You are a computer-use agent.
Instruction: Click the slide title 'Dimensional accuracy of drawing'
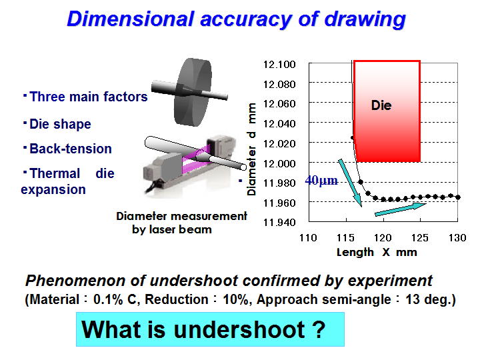(x=236, y=19)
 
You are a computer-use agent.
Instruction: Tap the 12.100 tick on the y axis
(x=279, y=65)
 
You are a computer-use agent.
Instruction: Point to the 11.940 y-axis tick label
(x=279, y=222)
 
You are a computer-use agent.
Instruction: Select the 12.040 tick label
(x=279, y=124)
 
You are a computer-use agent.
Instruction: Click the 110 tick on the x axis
(x=308, y=237)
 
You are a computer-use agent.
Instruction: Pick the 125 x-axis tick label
(x=420, y=237)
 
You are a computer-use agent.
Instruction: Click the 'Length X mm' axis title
(x=377, y=252)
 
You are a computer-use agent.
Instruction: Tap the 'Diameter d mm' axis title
(x=251, y=149)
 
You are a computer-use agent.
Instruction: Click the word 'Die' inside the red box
(x=381, y=105)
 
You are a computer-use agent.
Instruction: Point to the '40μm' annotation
(x=321, y=180)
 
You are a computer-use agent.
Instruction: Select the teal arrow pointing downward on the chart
(x=350, y=183)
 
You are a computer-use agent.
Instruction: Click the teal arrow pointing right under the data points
(x=401, y=209)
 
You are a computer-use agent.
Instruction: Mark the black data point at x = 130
(x=458, y=197)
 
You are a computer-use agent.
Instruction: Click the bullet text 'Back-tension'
(x=71, y=149)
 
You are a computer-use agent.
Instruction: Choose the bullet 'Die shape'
(x=60, y=124)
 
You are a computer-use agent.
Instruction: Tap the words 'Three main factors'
(x=89, y=97)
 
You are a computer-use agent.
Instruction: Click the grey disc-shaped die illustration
(x=193, y=92)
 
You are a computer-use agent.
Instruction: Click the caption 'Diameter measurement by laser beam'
(x=181, y=223)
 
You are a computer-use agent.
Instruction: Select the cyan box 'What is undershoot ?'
(x=210, y=329)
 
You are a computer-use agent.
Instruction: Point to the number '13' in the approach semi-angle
(x=413, y=299)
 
